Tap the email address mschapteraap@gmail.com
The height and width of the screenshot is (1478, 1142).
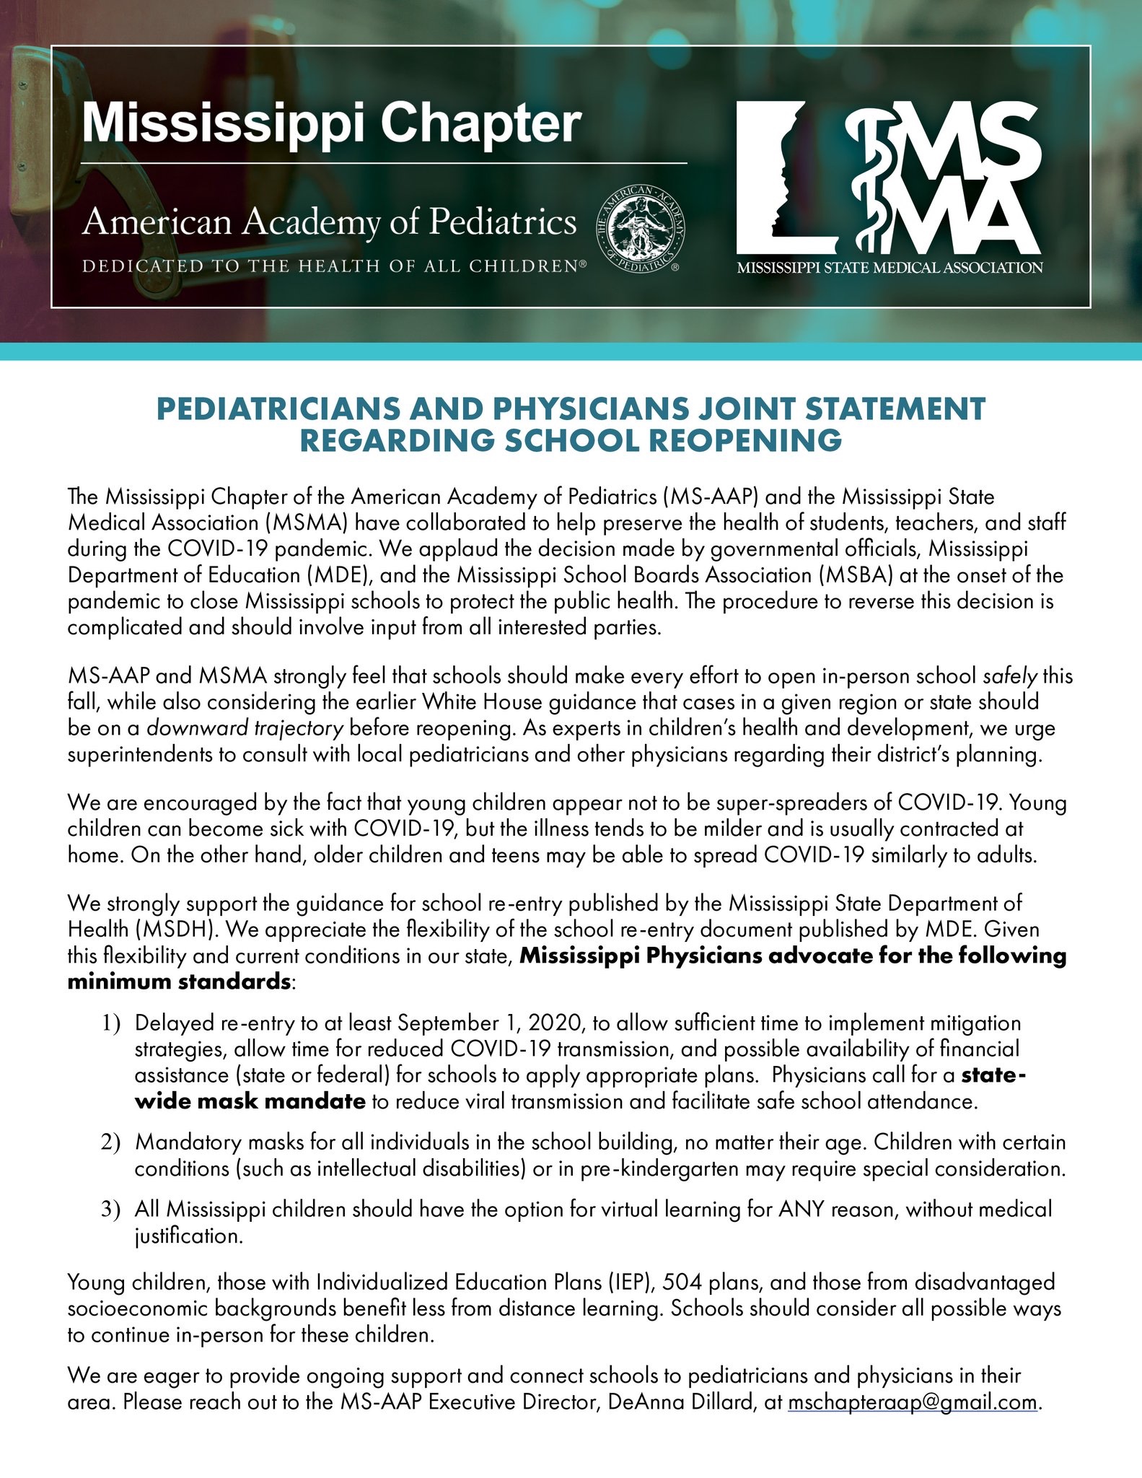913,1402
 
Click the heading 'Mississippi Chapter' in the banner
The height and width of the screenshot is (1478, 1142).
331,124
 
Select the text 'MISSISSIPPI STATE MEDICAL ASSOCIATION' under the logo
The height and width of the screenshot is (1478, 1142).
889,268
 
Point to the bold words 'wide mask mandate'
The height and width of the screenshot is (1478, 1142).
250,1101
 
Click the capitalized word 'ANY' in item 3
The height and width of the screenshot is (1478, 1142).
801,1209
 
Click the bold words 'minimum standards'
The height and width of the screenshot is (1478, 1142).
179,981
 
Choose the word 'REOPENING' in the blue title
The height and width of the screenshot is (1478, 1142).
747,440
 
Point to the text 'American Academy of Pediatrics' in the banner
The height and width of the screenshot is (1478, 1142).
329,222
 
